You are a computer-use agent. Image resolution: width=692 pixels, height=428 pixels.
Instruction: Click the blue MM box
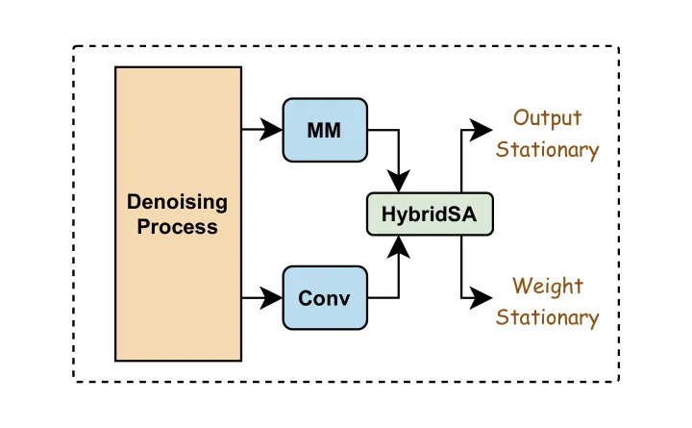pyautogui.click(x=325, y=130)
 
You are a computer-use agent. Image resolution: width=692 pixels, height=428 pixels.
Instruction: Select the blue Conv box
pyautogui.click(x=325, y=298)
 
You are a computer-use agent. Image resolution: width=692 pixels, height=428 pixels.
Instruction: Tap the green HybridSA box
pyautogui.click(x=430, y=214)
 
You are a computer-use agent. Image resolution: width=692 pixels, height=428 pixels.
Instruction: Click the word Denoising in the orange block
pyautogui.click(x=178, y=203)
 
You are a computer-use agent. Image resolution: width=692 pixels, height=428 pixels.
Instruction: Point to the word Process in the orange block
pyautogui.click(x=178, y=227)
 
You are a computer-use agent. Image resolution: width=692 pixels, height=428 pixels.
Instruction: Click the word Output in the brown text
pyautogui.click(x=547, y=118)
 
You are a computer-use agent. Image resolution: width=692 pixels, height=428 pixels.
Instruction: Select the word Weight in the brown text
pyautogui.click(x=548, y=287)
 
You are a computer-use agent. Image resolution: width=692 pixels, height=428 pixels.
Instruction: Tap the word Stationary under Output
pyautogui.click(x=547, y=150)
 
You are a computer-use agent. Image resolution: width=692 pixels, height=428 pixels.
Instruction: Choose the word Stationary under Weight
pyautogui.click(x=547, y=317)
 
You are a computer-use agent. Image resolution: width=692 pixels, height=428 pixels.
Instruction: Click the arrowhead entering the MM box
pyautogui.click(x=271, y=130)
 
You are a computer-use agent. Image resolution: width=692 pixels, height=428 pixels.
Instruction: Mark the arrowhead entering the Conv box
pyautogui.click(x=271, y=298)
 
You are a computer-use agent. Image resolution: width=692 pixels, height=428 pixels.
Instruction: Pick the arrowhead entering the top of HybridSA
pyautogui.click(x=399, y=181)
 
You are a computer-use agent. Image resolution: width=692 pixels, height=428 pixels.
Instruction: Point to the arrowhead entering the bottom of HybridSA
pyautogui.click(x=399, y=246)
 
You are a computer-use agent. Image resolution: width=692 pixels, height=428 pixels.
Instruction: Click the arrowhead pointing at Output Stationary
pyautogui.click(x=481, y=130)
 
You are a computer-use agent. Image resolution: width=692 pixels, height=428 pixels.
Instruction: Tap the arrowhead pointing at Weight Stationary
pyautogui.click(x=481, y=298)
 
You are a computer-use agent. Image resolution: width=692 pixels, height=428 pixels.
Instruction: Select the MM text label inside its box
pyautogui.click(x=324, y=130)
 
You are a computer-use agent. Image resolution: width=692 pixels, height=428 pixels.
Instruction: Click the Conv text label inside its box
pyautogui.click(x=324, y=298)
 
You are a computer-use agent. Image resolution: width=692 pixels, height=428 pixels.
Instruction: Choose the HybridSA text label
pyautogui.click(x=429, y=214)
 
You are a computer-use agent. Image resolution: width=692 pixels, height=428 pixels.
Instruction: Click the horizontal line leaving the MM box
pyautogui.click(x=383, y=130)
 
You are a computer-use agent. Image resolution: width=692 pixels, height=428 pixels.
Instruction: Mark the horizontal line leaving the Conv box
pyautogui.click(x=383, y=298)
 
